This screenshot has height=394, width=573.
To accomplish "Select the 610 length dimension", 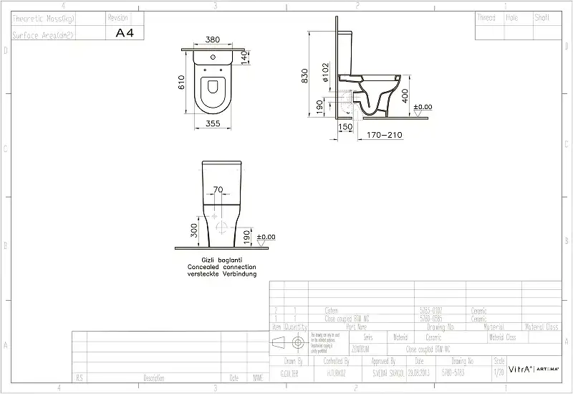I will (x=183, y=83).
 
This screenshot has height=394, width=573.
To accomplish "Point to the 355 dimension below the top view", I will (x=213, y=124).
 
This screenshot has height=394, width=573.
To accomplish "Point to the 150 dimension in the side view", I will (x=345, y=126).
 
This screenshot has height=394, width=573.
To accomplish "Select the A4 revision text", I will (x=125, y=33).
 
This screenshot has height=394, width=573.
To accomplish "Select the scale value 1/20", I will (x=499, y=373).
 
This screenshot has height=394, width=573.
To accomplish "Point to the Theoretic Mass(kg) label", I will (x=42, y=17).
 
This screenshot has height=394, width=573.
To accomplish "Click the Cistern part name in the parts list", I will (x=332, y=310).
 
